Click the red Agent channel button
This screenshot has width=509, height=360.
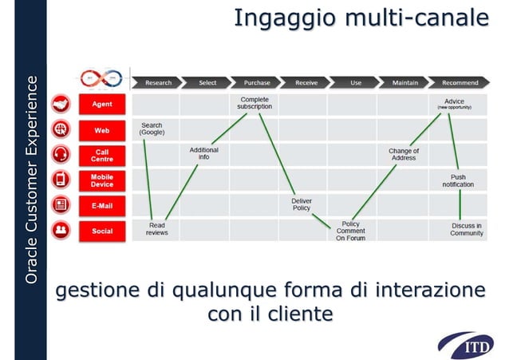[x=102, y=104]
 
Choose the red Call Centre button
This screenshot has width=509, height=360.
[x=102, y=155]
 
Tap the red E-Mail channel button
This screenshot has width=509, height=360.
[x=102, y=206]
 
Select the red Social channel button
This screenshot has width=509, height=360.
[x=102, y=231]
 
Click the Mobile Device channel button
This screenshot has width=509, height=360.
[x=102, y=180]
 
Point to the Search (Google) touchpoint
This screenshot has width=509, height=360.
[x=152, y=129]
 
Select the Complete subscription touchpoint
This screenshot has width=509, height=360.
[x=254, y=103]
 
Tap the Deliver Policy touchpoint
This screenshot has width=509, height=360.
[x=302, y=204]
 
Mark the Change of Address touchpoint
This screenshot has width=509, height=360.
[x=403, y=154]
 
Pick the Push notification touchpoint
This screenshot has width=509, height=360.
[x=458, y=180]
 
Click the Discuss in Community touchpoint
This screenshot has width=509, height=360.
[x=467, y=230]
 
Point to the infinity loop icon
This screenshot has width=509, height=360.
[x=101, y=78]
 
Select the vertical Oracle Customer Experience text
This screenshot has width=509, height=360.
[x=31, y=180]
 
